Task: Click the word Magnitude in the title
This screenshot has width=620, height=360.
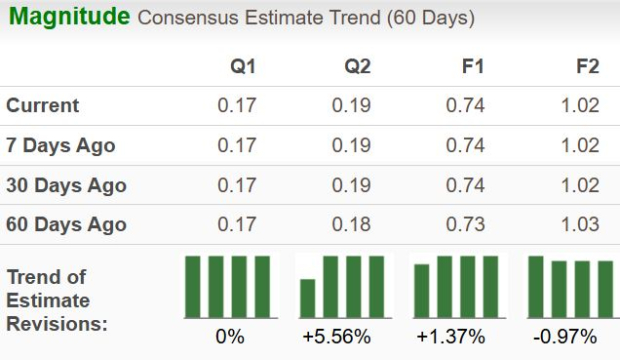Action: tap(69, 17)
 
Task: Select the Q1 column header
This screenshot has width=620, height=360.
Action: tap(243, 66)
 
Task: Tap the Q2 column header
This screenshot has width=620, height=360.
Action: tap(357, 66)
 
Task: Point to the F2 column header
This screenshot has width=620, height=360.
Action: tap(586, 66)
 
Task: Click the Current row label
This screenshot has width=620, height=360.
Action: tap(43, 105)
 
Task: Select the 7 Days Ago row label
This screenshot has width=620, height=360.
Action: tap(61, 145)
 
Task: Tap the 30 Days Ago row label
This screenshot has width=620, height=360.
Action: tap(66, 185)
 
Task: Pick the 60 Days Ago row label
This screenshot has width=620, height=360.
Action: tap(66, 224)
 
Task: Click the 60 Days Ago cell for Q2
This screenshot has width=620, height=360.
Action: tap(351, 224)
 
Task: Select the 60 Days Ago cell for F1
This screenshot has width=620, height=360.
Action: tap(465, 224)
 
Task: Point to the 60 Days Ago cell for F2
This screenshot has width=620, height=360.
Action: tap(580, 224)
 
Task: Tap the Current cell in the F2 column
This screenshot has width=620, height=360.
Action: tap(580, 105)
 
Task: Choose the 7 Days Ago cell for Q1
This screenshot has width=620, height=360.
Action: tap(237, 145)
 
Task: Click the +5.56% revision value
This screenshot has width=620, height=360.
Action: tap(336, 336)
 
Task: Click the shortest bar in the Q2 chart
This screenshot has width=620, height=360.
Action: tap(308, 297)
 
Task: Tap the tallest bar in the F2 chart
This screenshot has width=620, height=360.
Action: tap(536, 286)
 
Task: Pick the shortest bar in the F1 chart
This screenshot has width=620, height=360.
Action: tap(422, 290)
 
